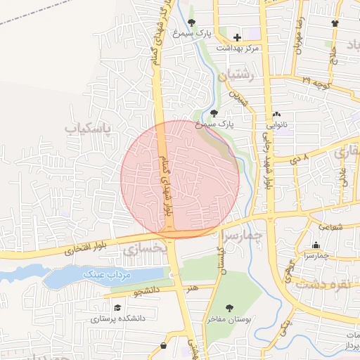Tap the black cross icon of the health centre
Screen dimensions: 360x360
click(x=237, y=37)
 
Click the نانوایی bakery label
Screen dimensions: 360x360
click(x=275, y=124)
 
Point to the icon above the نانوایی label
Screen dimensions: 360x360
click(x=276, y=114)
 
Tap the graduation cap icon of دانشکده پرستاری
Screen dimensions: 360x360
click(x=117, y=308)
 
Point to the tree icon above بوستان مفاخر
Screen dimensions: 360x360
click(x=229, y=308)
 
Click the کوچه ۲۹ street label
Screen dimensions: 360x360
click(x=316, y=82)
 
